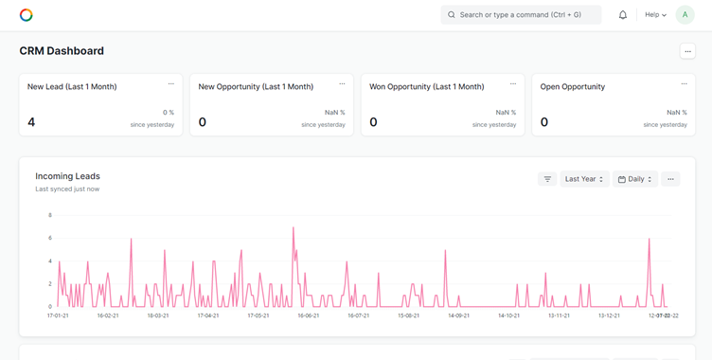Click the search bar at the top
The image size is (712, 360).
[521, 15]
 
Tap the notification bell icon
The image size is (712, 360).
[623, 15]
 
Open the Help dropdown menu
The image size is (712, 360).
[655, 15]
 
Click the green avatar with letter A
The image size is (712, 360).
[685, 15]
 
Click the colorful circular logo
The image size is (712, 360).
[27, 15]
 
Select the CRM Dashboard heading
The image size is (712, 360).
[62, 51]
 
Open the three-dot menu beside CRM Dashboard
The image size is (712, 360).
[687, 51]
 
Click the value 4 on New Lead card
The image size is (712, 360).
[31, 122]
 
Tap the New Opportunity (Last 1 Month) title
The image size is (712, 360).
[256, 87]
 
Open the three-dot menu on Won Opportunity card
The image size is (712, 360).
[513, 84]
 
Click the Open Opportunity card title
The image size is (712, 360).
[572, 87]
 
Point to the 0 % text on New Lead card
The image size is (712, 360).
[169, 113]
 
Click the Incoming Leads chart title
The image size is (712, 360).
[67, 176]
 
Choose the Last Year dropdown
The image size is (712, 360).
[583, 179]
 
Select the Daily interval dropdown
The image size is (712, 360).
[634, 179]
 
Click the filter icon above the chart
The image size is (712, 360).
[547, 179]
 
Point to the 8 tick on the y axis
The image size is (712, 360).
[49, 216]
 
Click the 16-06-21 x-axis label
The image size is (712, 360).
[308, 315]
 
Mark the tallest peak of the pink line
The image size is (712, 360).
[294, 227]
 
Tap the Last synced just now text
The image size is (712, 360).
[67, 189]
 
